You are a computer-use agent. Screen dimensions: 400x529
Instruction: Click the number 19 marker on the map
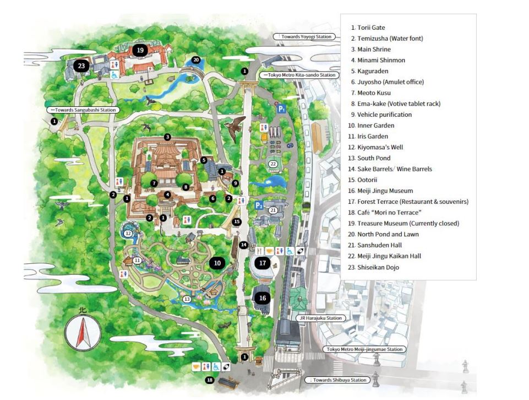[140, 50]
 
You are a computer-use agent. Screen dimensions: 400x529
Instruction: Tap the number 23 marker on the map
[81, 66]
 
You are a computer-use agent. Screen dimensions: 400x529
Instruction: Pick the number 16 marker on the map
[263, 298]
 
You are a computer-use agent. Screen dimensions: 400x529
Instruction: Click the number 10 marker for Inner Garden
[217, 263]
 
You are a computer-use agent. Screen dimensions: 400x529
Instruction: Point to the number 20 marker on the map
[195, 60]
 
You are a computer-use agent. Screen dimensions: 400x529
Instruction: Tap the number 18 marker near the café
[209, 380]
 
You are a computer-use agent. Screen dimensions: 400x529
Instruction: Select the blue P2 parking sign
[259, 206]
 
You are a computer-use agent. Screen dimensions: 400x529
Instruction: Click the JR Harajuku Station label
[320, 318]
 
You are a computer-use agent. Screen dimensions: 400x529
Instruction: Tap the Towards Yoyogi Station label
[304, 36]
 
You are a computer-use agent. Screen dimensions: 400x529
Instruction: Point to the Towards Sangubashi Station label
[83, 110]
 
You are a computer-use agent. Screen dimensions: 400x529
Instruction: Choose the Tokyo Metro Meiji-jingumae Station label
[364, 349]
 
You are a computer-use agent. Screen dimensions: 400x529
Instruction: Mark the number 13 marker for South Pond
[187, 299]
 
